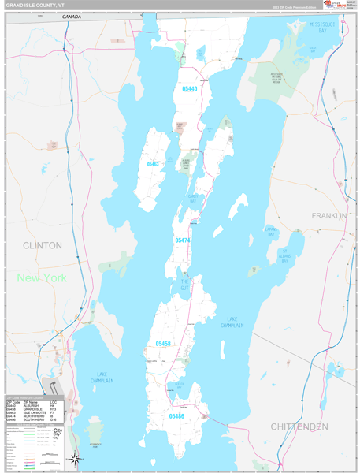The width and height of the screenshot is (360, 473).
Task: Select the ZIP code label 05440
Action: pos(189,89)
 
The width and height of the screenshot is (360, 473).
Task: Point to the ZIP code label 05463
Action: pos(154,164)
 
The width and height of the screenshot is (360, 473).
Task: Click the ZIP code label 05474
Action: pos(182,240)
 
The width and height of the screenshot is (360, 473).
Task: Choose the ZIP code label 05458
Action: pos(163,344)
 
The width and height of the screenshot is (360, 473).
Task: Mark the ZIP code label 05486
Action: pos(176,415)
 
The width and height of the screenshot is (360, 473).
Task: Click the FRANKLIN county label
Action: pos(328,215)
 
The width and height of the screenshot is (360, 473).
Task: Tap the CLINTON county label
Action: pos(42,245)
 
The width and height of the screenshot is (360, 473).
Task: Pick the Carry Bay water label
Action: pos(193,198)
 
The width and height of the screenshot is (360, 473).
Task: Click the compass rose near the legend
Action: pos(74,459)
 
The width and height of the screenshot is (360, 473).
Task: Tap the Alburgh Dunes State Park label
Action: pos(186,162)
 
